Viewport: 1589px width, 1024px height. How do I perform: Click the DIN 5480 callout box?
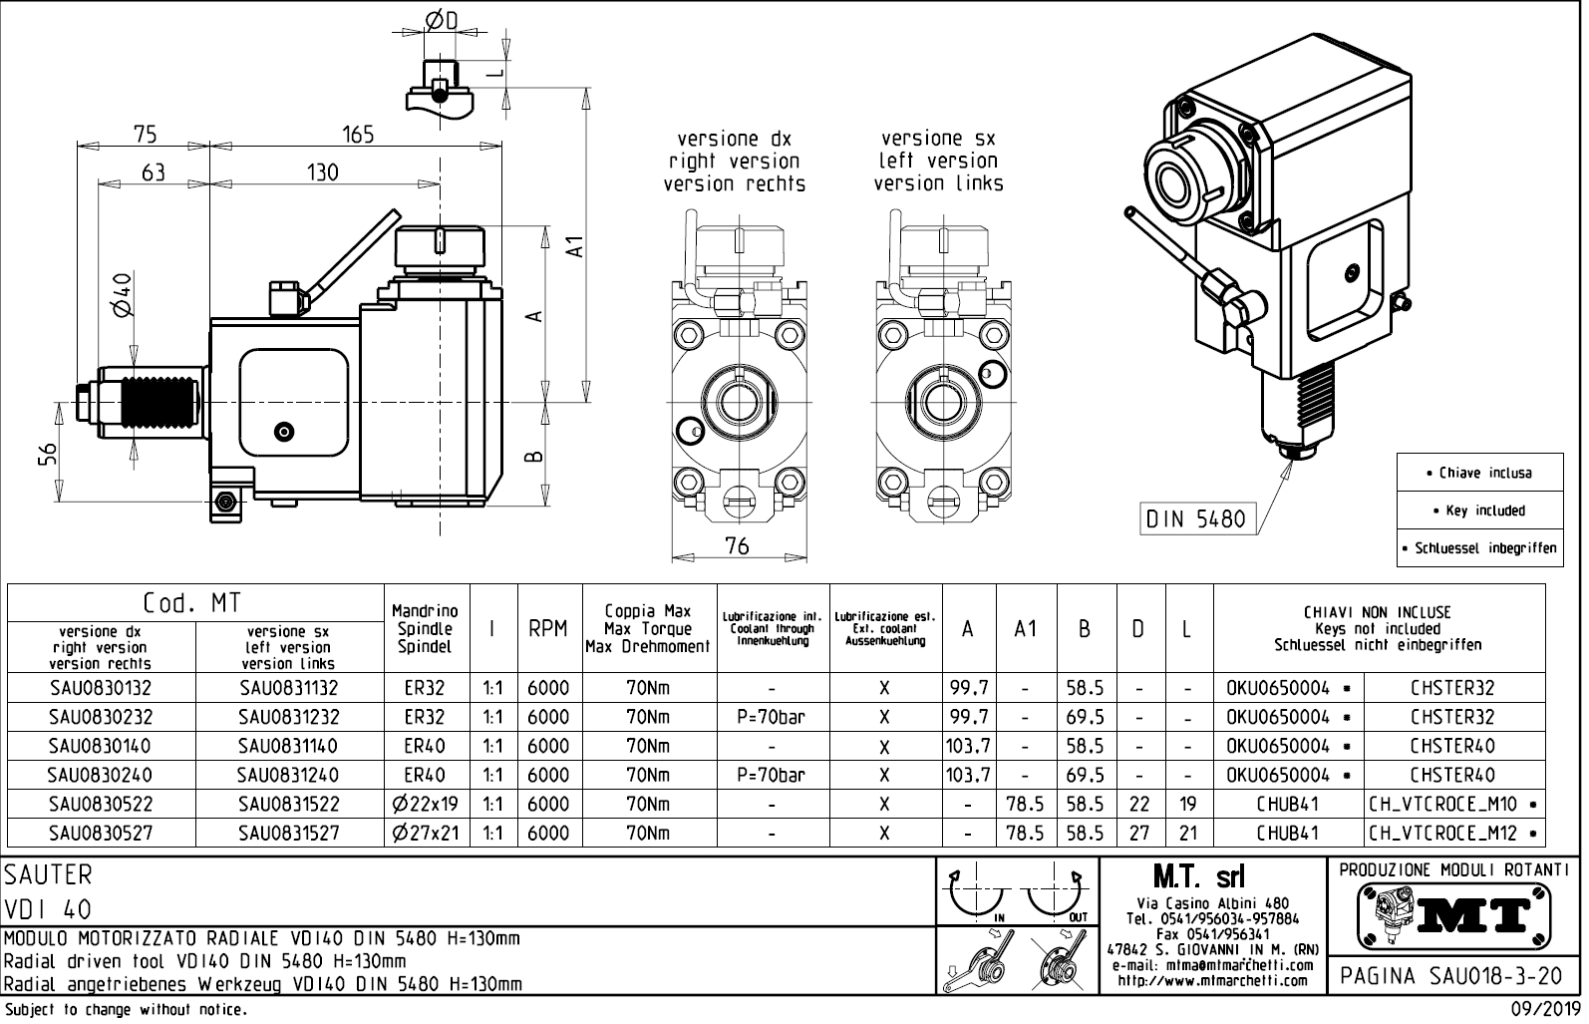pyautogui.click(x=1195, y=519)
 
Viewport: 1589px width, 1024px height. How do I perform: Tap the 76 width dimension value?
pyautogui.click(x=737, y=545)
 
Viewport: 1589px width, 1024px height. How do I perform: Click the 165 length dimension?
pyautogui.click(x=357, y=135)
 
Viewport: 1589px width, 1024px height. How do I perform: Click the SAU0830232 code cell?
pyautogui.click(x=101, y=717)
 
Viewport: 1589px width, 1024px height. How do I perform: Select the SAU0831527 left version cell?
pyautogui.click(x=289, y=833)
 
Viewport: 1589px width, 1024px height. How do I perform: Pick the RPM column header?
pyautogui.click(x=548, y=629)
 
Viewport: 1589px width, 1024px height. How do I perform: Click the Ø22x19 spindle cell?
pyautogui.click(x=427, y=804)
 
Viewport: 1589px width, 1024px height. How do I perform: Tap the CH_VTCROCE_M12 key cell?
pyautogui.click(x=1453, y=833)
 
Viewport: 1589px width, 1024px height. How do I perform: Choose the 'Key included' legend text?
pyautogui.click(x=1479, y=511)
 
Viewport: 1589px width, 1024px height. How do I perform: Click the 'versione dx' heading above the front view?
pyautogui.click(x=734, y=140)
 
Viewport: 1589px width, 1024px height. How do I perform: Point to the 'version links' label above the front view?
pyautogui.click(x=938, y=183)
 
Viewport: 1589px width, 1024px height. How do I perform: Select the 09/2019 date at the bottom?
pyautogui.click(x=1544, y=1009)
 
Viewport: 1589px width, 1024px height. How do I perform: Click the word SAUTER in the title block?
pyautogui.click(x=48, y=875)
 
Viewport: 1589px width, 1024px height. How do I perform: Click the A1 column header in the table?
pyautogui.click(x=1026, y=629)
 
